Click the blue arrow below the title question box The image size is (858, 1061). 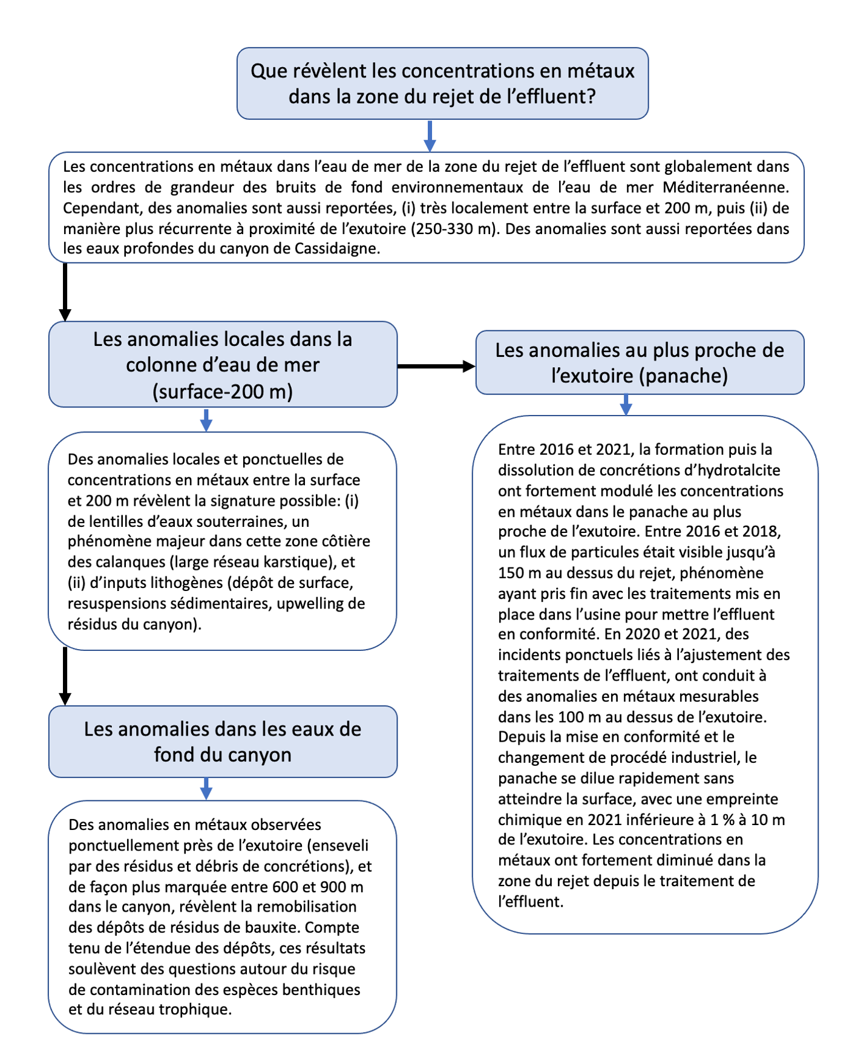430,136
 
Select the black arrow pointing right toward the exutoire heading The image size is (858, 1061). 436,366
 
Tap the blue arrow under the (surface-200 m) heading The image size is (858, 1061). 206,420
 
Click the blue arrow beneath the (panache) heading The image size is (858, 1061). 626,405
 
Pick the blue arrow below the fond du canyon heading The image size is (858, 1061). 206,789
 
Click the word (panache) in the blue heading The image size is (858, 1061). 683,376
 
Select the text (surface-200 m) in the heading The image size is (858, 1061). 223,391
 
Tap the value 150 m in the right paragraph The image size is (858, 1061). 518,573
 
